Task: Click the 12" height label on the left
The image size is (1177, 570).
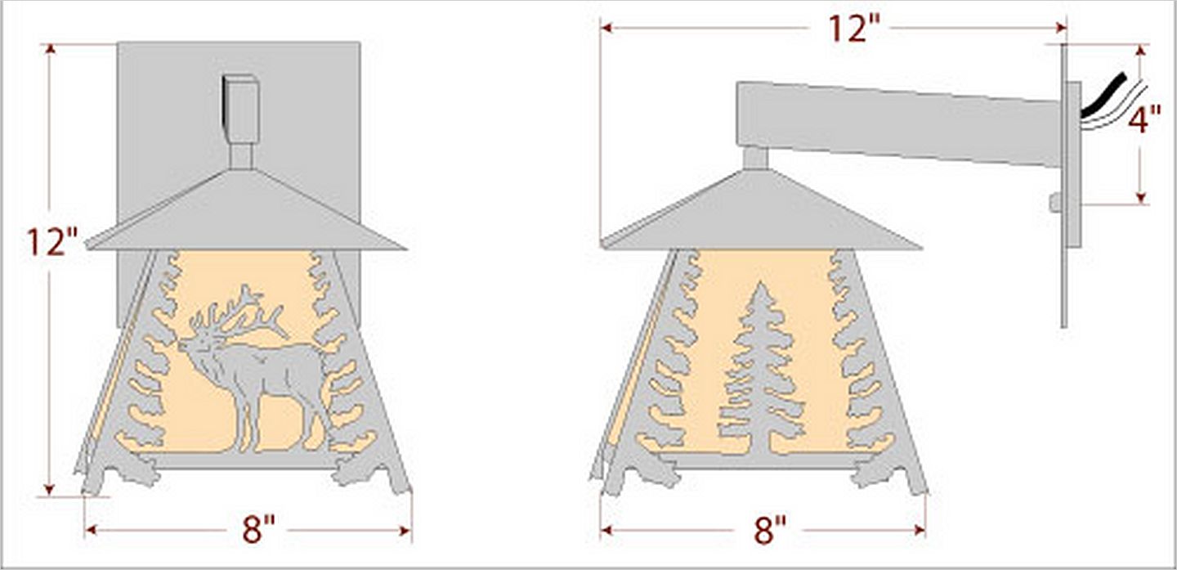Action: click(x=52, y=243)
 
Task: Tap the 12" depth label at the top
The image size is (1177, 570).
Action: click(x=855, y=28)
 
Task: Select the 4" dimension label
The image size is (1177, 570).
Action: click(x=1144, y=119)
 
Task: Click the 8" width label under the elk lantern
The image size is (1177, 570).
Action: click(x=258, y=529)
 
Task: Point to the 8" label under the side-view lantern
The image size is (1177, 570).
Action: click(x=770, y=529)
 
